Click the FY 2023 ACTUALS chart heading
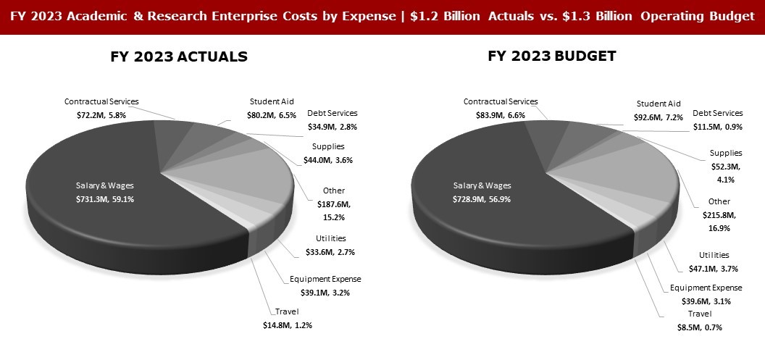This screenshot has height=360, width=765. pos(179,56)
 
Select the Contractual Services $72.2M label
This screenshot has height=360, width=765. pos(101,108)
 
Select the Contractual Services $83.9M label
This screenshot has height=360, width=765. pos(501,108)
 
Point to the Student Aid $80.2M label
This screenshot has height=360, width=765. pos(272,107)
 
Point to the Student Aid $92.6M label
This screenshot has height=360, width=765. pos(659,109)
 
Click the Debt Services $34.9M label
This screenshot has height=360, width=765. pos(332,120)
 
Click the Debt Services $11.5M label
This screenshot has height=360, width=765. pos(717,120)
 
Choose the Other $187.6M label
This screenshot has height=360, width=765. pos(334,204)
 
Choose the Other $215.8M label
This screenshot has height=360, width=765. pos(719,214)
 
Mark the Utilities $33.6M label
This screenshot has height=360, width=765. pos(331,245)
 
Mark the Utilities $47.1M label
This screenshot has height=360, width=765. pos(714,261)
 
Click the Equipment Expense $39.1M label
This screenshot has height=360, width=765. pos(325,285)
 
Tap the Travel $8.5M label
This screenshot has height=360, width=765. pos(695,320)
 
